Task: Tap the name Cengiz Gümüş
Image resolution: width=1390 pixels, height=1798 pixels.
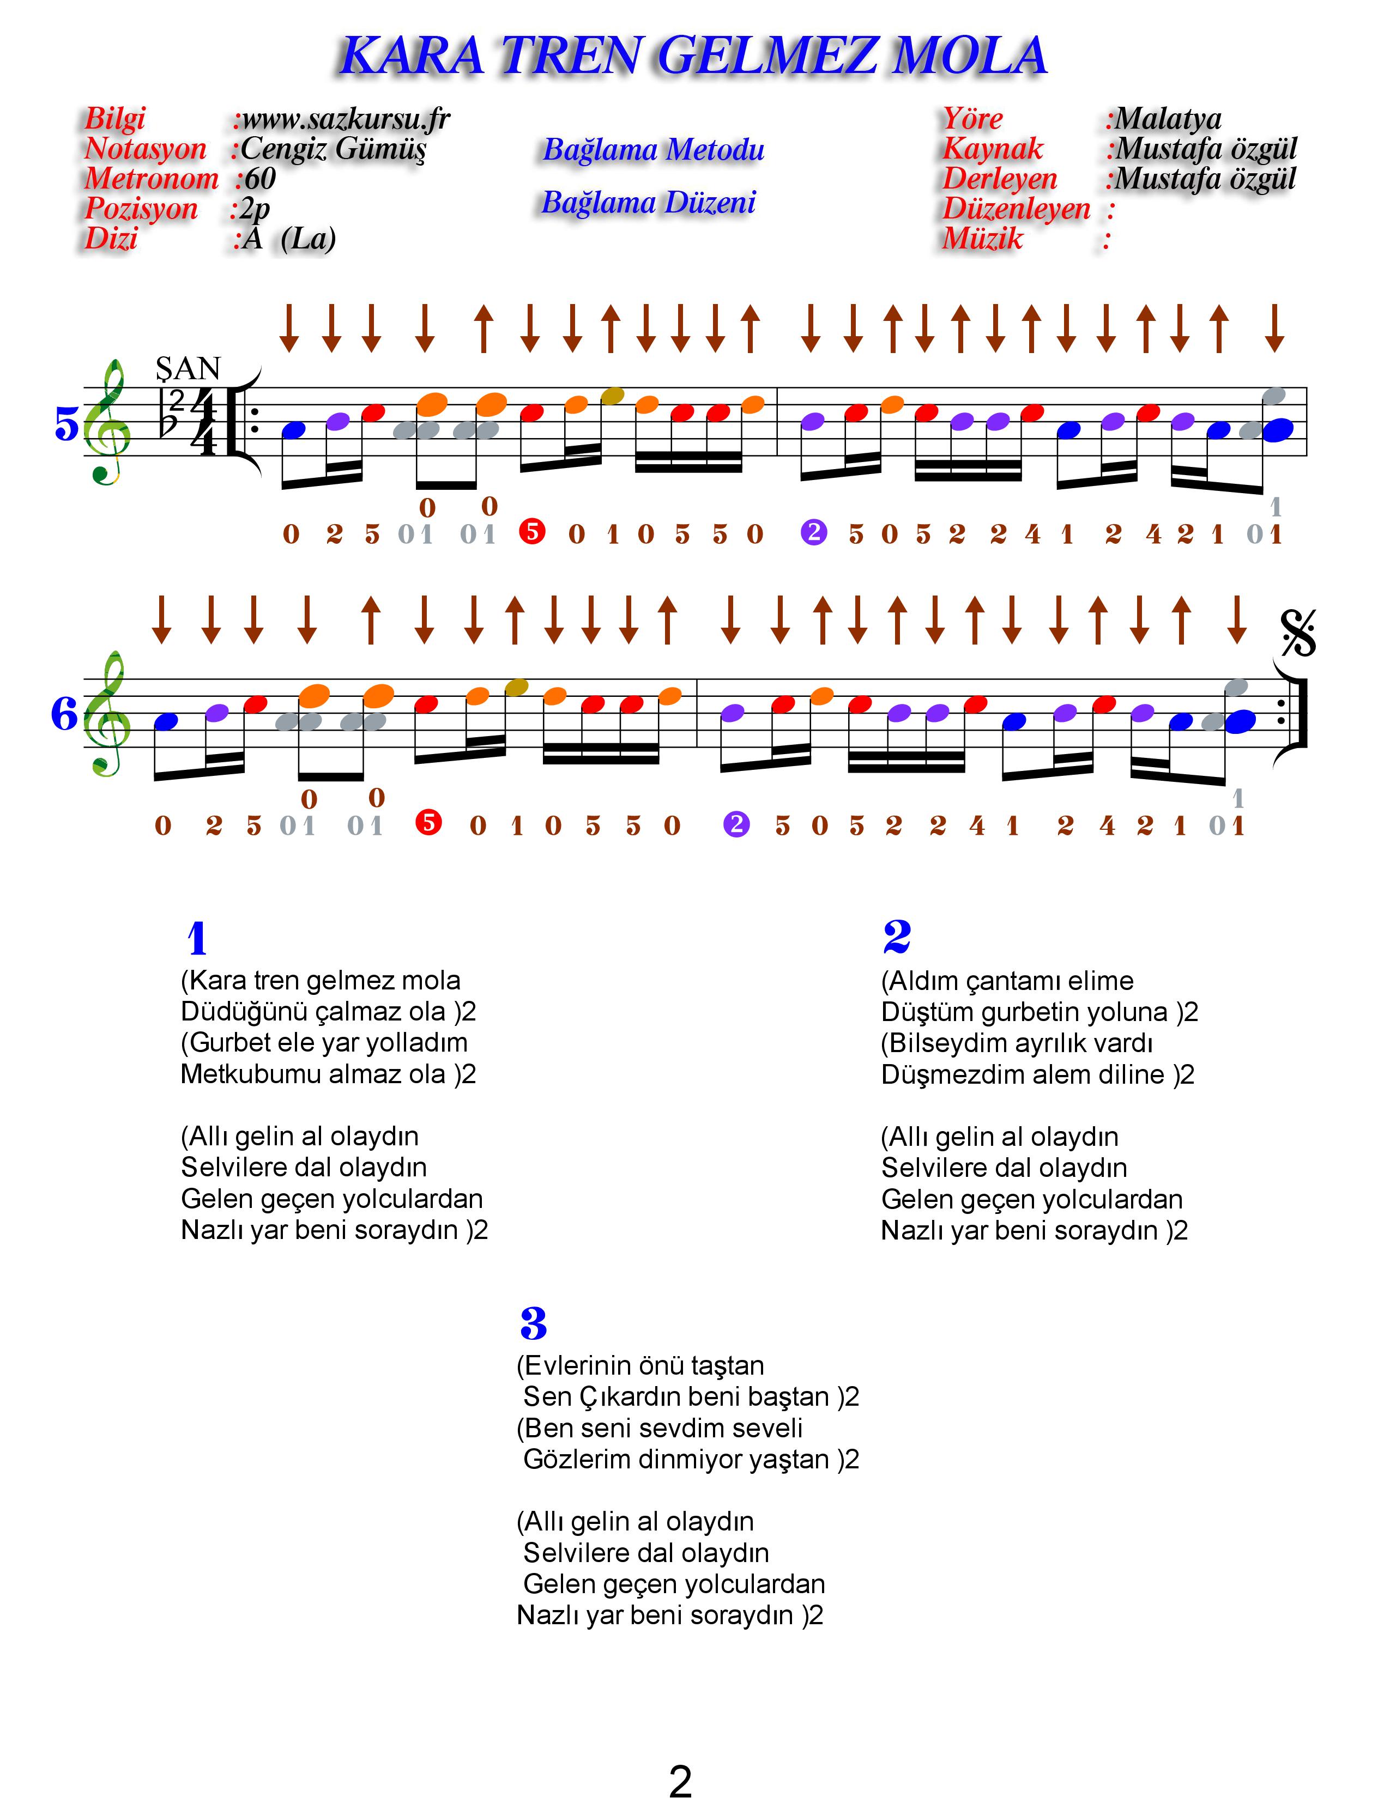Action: pos(334,149)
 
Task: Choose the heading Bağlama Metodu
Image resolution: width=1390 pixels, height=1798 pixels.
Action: pos(654,150)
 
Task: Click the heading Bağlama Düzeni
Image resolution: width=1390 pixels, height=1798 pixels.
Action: pos(649,203)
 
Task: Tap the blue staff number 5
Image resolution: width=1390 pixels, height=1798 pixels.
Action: pos(67,425)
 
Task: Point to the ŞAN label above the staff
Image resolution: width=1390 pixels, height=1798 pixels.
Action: pos(189,369)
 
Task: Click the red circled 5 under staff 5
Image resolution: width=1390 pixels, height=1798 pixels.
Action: pos(533,532)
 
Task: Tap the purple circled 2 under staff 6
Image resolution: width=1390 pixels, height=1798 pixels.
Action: pos(736,823)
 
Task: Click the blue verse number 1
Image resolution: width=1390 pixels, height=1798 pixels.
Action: pos(197,939)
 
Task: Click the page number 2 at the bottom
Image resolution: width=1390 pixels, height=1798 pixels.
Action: pos(680,1778)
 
